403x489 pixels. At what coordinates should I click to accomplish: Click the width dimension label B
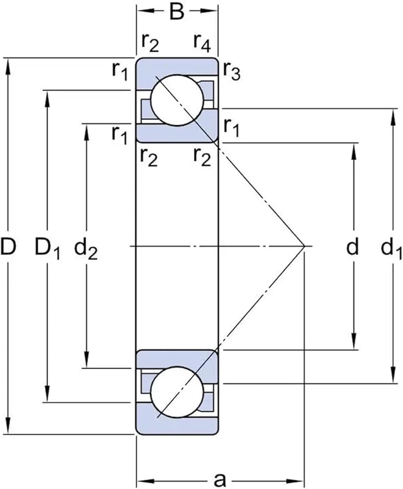pos(177,12)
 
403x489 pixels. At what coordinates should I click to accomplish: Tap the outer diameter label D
pos(8,246)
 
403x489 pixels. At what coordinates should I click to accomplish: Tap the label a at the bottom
pos(220,480)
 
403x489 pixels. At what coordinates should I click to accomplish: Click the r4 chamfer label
pos(202,43)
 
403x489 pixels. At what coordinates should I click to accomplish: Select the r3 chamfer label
pos(232,71)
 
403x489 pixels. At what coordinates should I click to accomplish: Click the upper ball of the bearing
pos(177,100)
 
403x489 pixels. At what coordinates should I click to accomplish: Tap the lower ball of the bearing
pos(177,392)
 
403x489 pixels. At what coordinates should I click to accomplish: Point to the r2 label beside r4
pos(150,43)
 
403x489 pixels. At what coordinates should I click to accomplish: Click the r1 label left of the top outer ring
pos(120,71)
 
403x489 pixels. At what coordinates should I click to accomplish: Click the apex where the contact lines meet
pos(305,246)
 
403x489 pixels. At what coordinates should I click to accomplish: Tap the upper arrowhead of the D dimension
pos(8,67)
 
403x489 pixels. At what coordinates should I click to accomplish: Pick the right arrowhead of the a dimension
pos(295,480)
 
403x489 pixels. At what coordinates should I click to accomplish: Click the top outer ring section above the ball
pos(177,66)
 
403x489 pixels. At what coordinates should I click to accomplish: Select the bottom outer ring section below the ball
pos(177,425)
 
